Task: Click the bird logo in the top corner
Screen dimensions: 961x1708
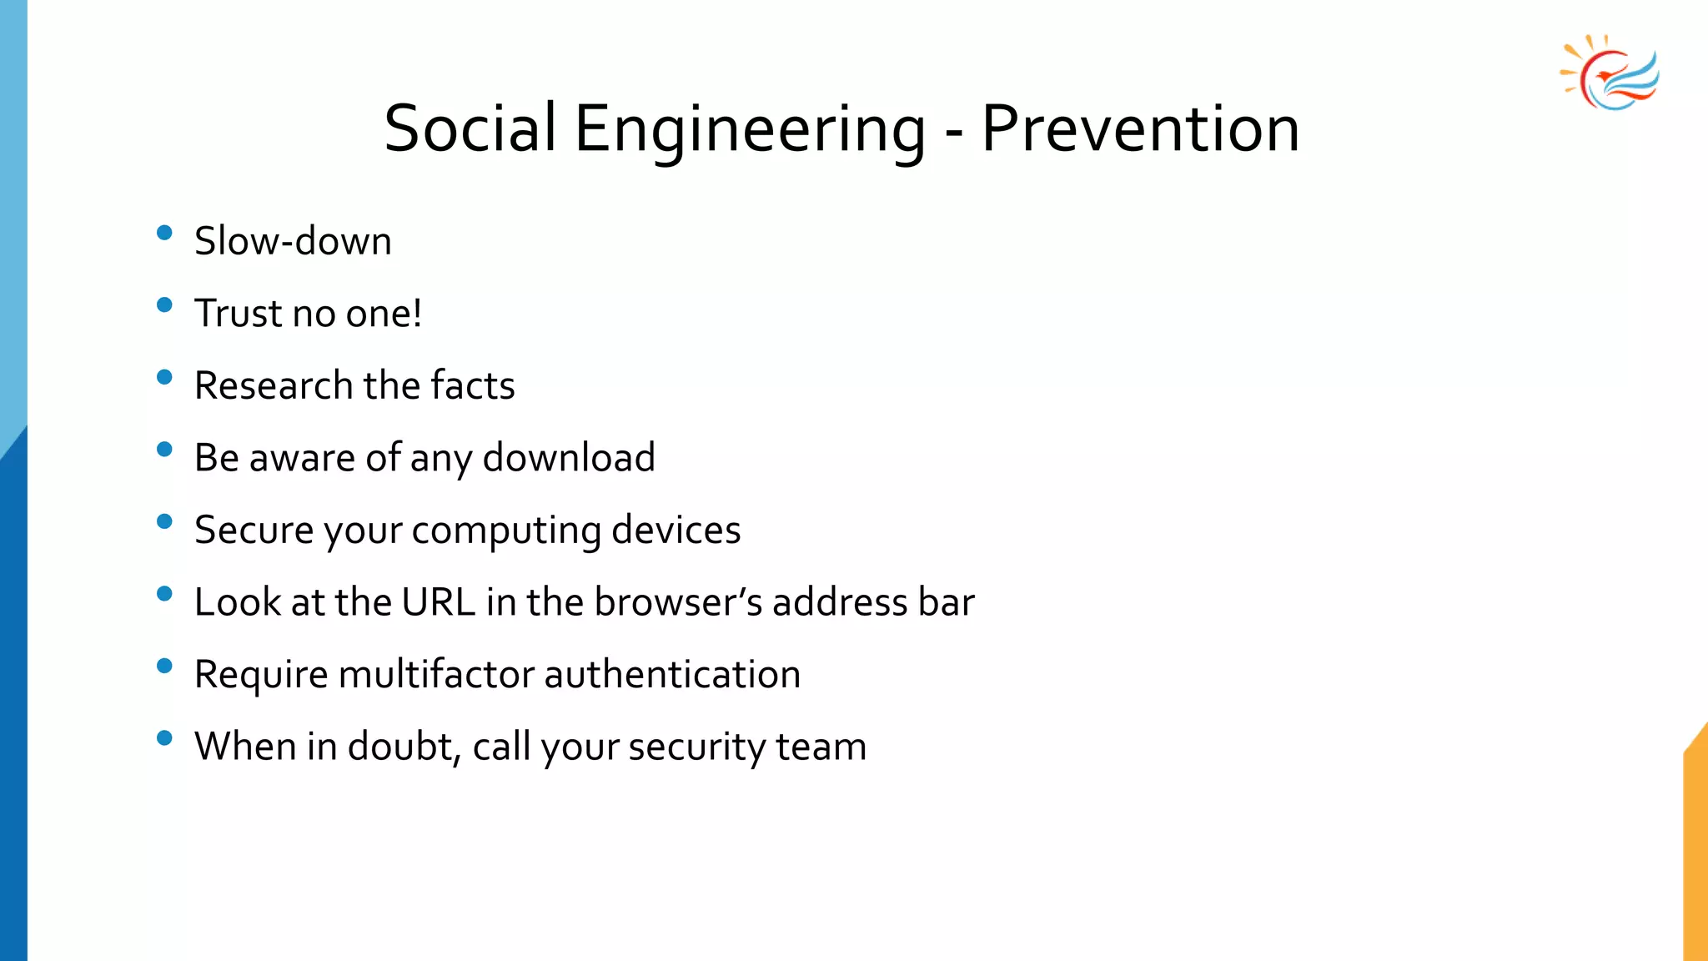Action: point(1610,74)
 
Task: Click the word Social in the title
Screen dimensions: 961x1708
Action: point(470,129)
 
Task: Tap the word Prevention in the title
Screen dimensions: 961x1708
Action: point(1140,129)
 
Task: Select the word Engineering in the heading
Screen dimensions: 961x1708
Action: point(750,132)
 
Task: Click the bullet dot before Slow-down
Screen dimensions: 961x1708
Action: point(164,233)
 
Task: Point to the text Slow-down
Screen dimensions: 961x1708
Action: point(293,242)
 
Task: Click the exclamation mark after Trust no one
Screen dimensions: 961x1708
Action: point(416,314)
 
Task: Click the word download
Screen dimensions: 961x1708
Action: point(569,458)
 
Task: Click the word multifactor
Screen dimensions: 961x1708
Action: point(436,674)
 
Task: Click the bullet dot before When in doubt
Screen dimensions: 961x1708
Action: point(164,737)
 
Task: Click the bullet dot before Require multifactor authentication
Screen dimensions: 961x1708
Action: point(164,666)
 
